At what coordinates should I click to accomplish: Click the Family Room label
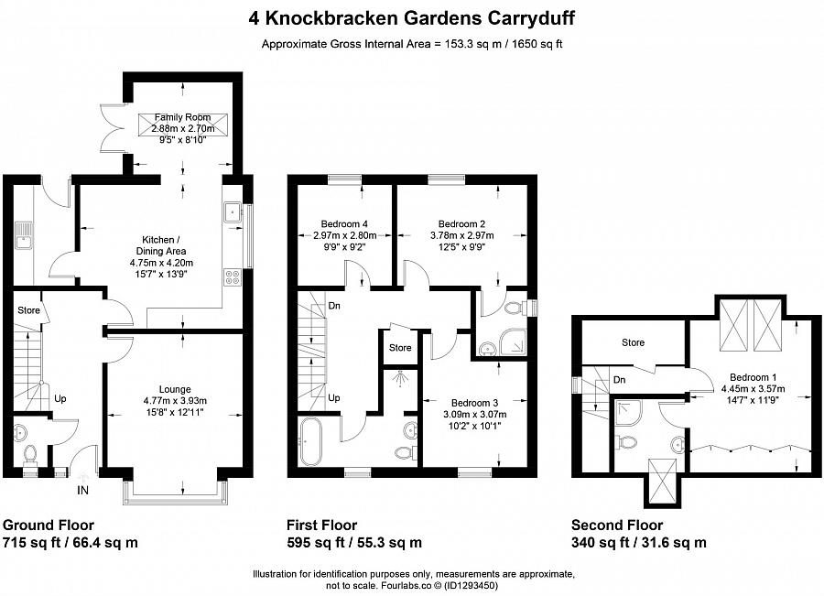tap(182, 117)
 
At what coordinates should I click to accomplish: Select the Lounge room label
tap(175, 387)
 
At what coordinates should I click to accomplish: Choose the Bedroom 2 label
tap(461, 223)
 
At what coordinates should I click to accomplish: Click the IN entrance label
tap(84, 490)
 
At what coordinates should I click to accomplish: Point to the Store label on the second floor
tap(633, 342)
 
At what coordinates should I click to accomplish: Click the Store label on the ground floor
tap(28, 310)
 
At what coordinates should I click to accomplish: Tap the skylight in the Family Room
tap(181, 125)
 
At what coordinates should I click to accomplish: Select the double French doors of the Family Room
tap(112, 128)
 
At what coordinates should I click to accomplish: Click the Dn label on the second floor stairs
tap(620, 378)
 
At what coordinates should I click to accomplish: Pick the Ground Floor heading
tap(44, 525)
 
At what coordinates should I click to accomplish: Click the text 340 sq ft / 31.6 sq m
tap(638, 542)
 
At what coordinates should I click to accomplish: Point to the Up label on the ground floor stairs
tap(60, 398)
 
